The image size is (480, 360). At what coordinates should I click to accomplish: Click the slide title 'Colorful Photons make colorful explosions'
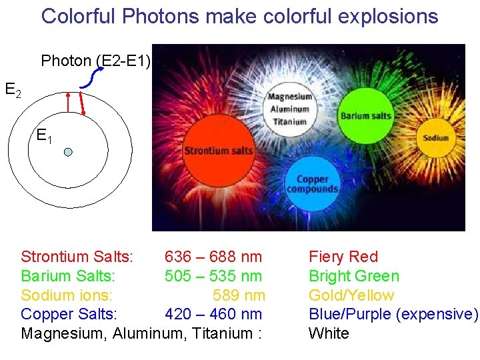(239, 16)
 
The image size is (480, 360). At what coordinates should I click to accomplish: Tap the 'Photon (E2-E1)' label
(96, 61)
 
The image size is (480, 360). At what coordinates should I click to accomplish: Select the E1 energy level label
(44, 137)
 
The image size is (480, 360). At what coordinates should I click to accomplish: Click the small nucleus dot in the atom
(68, 152)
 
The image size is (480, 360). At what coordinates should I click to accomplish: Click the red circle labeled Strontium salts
(218, 150)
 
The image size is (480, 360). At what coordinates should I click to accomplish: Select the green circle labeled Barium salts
(365, 115)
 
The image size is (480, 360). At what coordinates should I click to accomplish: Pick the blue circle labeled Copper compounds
(312, 184)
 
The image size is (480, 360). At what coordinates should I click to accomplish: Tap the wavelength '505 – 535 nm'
(213, 276)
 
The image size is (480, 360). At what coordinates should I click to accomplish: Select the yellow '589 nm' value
(239, 295)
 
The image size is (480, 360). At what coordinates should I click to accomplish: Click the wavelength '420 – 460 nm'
(213, 314)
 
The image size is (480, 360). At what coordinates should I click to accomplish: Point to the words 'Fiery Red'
(343, 257)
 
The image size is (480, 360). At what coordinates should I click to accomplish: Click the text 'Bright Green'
(353, 276)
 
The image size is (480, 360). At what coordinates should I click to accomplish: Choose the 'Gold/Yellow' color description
(351, 295)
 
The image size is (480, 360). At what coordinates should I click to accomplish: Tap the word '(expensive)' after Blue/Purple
(437, 314)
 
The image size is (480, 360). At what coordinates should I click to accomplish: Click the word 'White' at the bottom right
(329, 333)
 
